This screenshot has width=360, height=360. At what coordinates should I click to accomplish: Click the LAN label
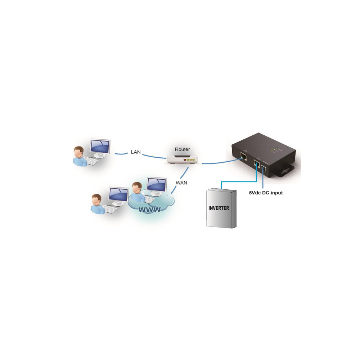[x=136, y=152]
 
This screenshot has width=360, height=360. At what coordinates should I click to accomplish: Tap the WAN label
[x=181, y=183]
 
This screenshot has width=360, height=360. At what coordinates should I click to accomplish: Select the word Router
[x=182, y=149]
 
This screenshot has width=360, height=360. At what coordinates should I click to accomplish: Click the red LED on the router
[x=185, y=159]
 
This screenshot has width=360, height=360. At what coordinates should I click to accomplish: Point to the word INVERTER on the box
[x=219, y=208]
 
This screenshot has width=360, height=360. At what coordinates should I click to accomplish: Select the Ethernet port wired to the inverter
[x=257, y=163]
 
